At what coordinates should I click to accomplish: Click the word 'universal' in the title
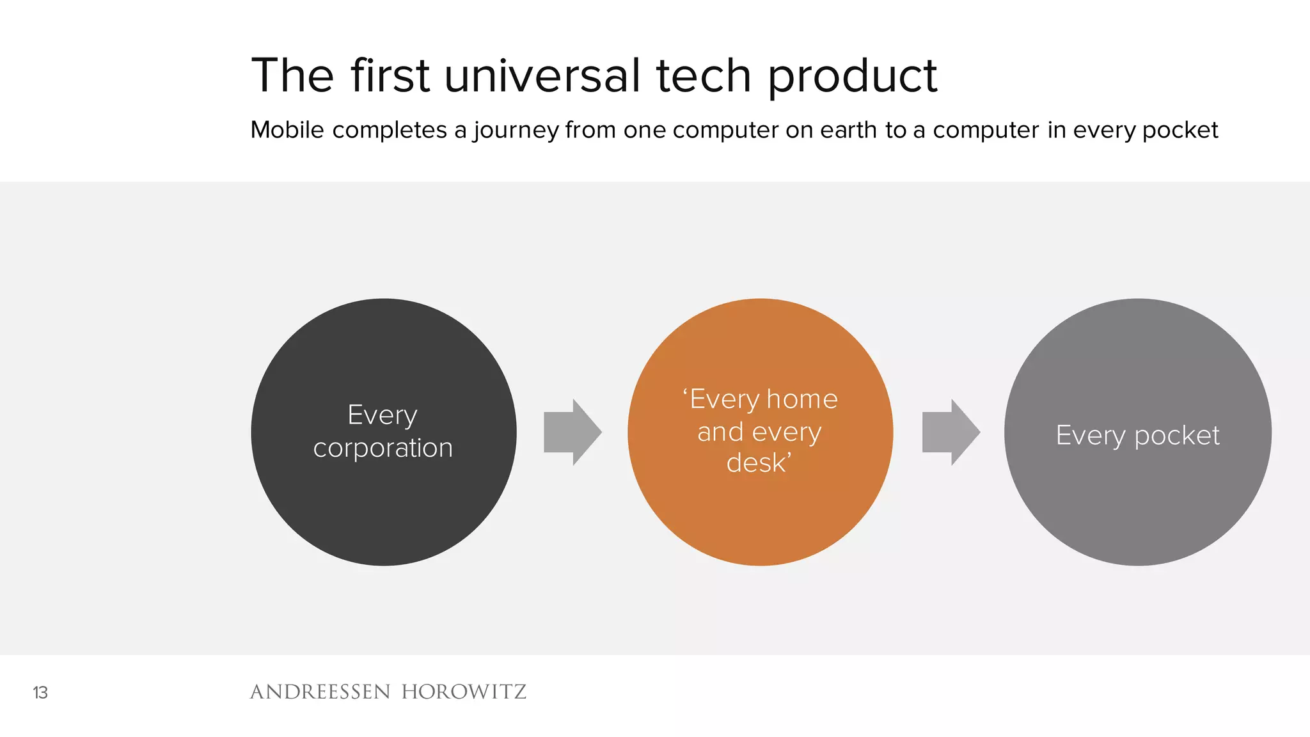point(542,75)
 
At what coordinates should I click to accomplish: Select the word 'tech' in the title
point(703,75)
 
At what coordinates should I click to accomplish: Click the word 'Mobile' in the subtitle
point(287,130)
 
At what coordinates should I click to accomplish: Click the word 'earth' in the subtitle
point(848,130)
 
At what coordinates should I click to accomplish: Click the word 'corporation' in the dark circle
point(383,448)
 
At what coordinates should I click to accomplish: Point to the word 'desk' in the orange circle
point(757,463)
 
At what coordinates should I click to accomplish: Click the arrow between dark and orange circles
point(571,432)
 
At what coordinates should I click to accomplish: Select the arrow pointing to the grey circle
point(950,432)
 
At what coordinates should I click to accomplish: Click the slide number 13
point(40,693)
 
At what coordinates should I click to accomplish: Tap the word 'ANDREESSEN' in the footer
point(320,692)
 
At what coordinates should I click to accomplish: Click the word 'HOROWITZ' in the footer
point(464,692)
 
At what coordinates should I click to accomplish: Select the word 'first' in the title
point(390,75)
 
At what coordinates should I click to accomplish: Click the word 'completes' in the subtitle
point(390,131)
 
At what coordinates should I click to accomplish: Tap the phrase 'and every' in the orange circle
point(759,432)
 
